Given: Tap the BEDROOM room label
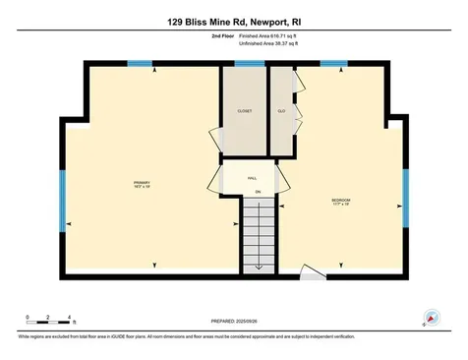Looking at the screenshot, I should pos(340,203).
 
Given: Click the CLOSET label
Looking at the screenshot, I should pos(244,111).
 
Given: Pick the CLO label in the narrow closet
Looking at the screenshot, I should pos(280,111).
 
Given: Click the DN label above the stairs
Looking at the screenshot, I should pos(258,191).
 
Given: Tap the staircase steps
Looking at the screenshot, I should pos(258,232).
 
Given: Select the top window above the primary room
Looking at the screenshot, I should pos(141,65).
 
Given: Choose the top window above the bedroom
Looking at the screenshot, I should pos(333,65).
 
